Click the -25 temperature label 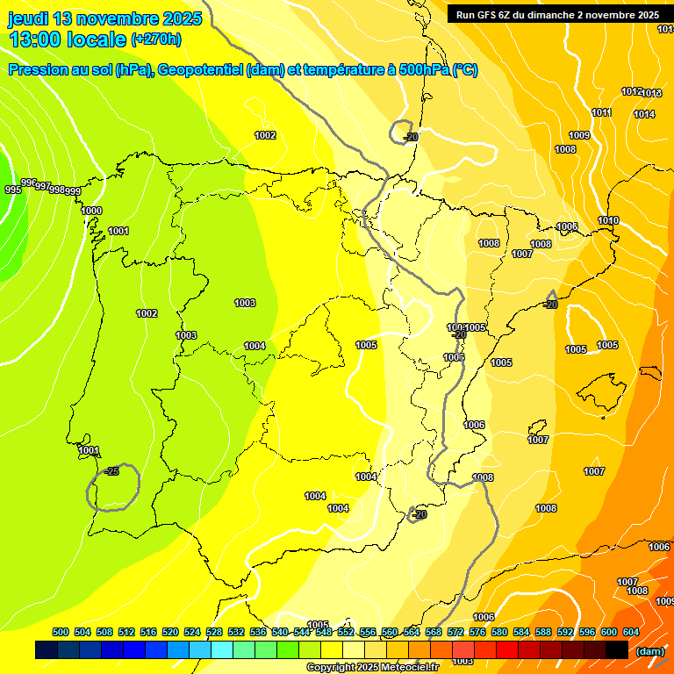111,471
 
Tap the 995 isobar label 12,190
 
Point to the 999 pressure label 73,191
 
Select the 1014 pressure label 644,114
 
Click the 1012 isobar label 631,92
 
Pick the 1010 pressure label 608,220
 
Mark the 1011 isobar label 601,112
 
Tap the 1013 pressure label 652,93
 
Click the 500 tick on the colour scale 61,632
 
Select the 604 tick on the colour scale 631,632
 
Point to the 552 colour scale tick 346,632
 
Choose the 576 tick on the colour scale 477,632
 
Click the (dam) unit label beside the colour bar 649,650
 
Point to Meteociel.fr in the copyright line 410,668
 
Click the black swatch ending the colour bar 616,649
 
